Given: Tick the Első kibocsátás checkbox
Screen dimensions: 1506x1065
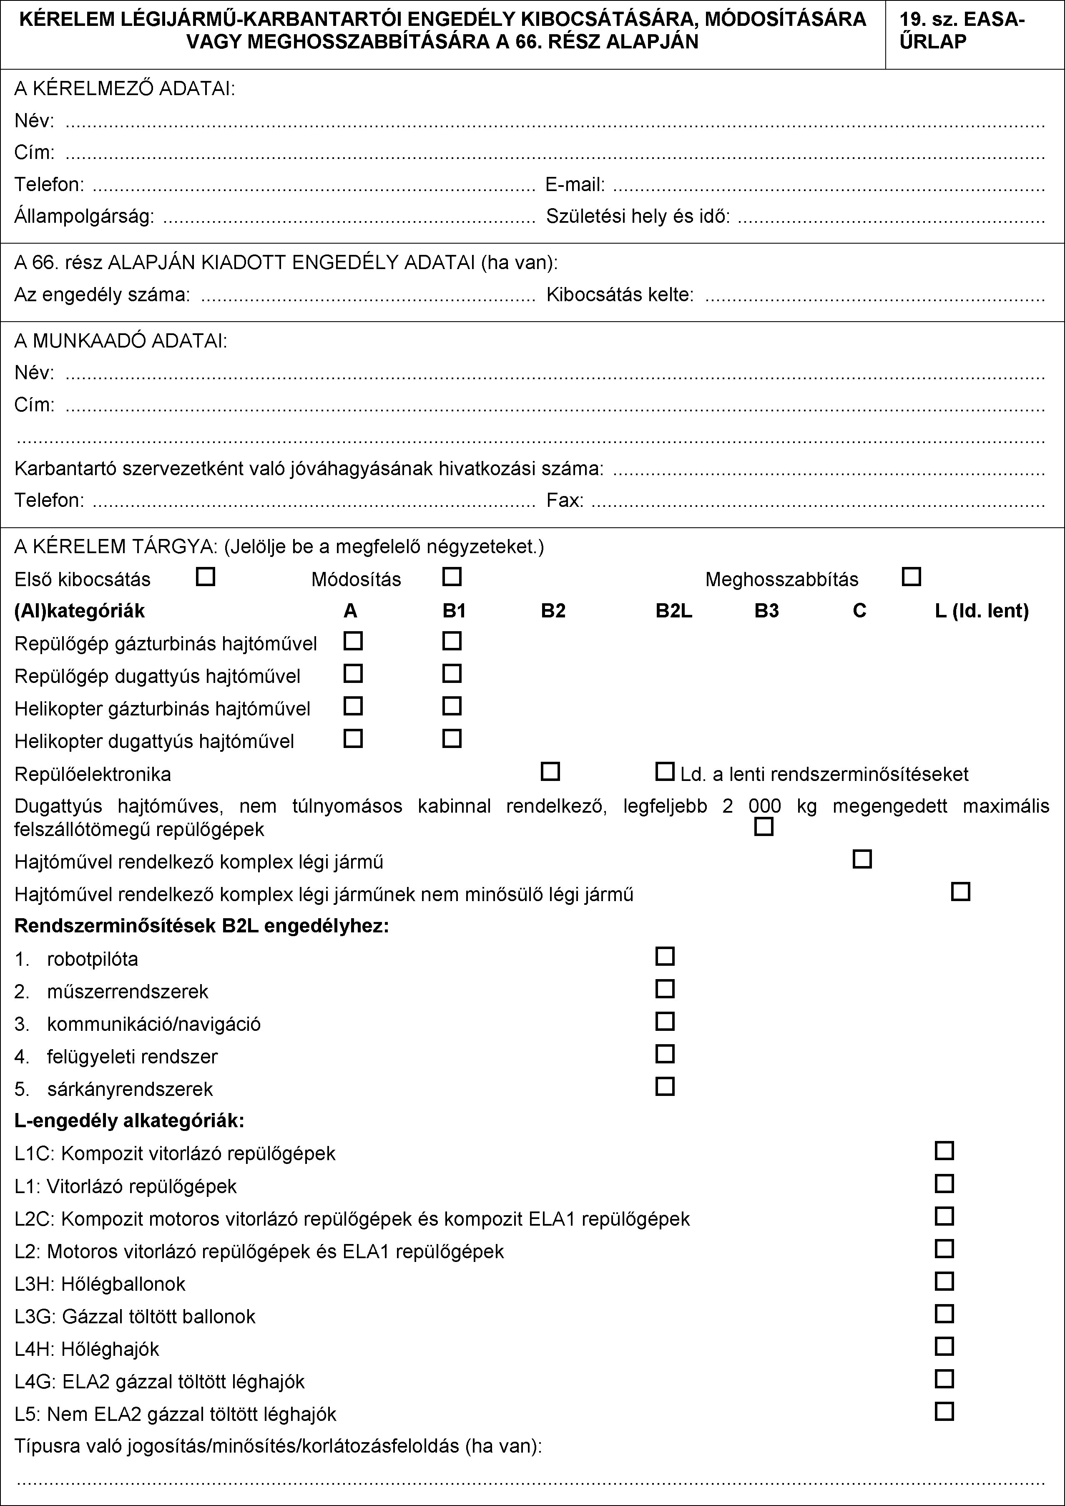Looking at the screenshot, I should (x=206, y=577).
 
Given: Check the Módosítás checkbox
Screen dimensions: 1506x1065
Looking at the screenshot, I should (x=452, y=577).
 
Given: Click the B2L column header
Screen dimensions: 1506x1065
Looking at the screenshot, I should (x=674, y=611).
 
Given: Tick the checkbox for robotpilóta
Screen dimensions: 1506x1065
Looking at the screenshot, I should (x=665, y=956).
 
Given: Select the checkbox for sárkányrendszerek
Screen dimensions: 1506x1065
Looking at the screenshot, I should (x=665, y=1087).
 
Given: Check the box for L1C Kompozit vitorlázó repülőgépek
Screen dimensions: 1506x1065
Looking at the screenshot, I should (x=944, y=1151).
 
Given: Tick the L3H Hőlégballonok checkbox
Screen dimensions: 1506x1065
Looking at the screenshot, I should (x=944, y=1281).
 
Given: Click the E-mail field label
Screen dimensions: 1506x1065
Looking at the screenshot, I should (x=575, y=185).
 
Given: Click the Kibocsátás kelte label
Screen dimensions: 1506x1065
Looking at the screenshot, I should (x=620, y=295).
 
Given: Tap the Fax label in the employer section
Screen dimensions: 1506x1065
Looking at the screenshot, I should (x=565, y=501).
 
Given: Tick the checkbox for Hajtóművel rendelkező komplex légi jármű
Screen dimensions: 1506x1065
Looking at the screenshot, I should (x=862, y=859).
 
